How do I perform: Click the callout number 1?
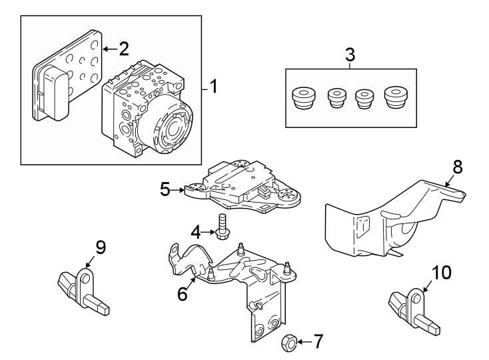click(x=213, y=86)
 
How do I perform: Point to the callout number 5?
click(x=166, y=189)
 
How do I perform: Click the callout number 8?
click(x=458, y=167)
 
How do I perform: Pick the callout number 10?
click(x=442, y=272)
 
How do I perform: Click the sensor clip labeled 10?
click(x=411, y=307)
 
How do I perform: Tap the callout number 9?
click(x=100, y=248)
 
